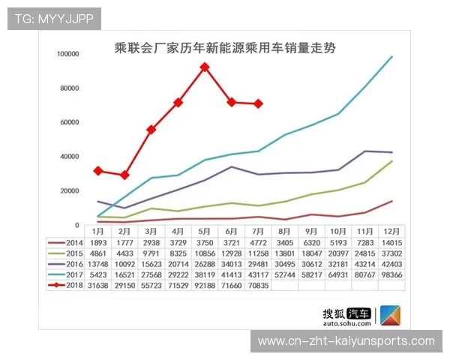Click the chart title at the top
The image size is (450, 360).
pyautogui.click(x=224, y=47)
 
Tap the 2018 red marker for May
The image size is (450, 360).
pyautogui.click(x=205, y=67)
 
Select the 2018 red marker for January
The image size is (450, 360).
pyautogui.click(x=98, y=171)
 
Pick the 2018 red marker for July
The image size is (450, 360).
pyautogui.click(x=259, y=103)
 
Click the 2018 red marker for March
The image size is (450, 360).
pyautogui.click(x=151, y=129)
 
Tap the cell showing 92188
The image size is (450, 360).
pyautogui.click(x=205, y=285)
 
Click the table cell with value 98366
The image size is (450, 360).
pyautogui.click(x=392, y=274)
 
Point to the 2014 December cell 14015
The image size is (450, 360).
pyautogui.click(x=392, y=243)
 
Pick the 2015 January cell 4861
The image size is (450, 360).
pyautogui.click(x=98, y=253)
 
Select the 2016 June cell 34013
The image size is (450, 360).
pyautogui.click(x=232, y=264)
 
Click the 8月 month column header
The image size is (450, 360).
pyautogui.click(x=285, y=232)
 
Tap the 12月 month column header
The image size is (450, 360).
pyautogui.click(x=392, y=232)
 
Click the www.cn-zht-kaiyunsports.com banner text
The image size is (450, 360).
pyautogui.click(x=346, y=341)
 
